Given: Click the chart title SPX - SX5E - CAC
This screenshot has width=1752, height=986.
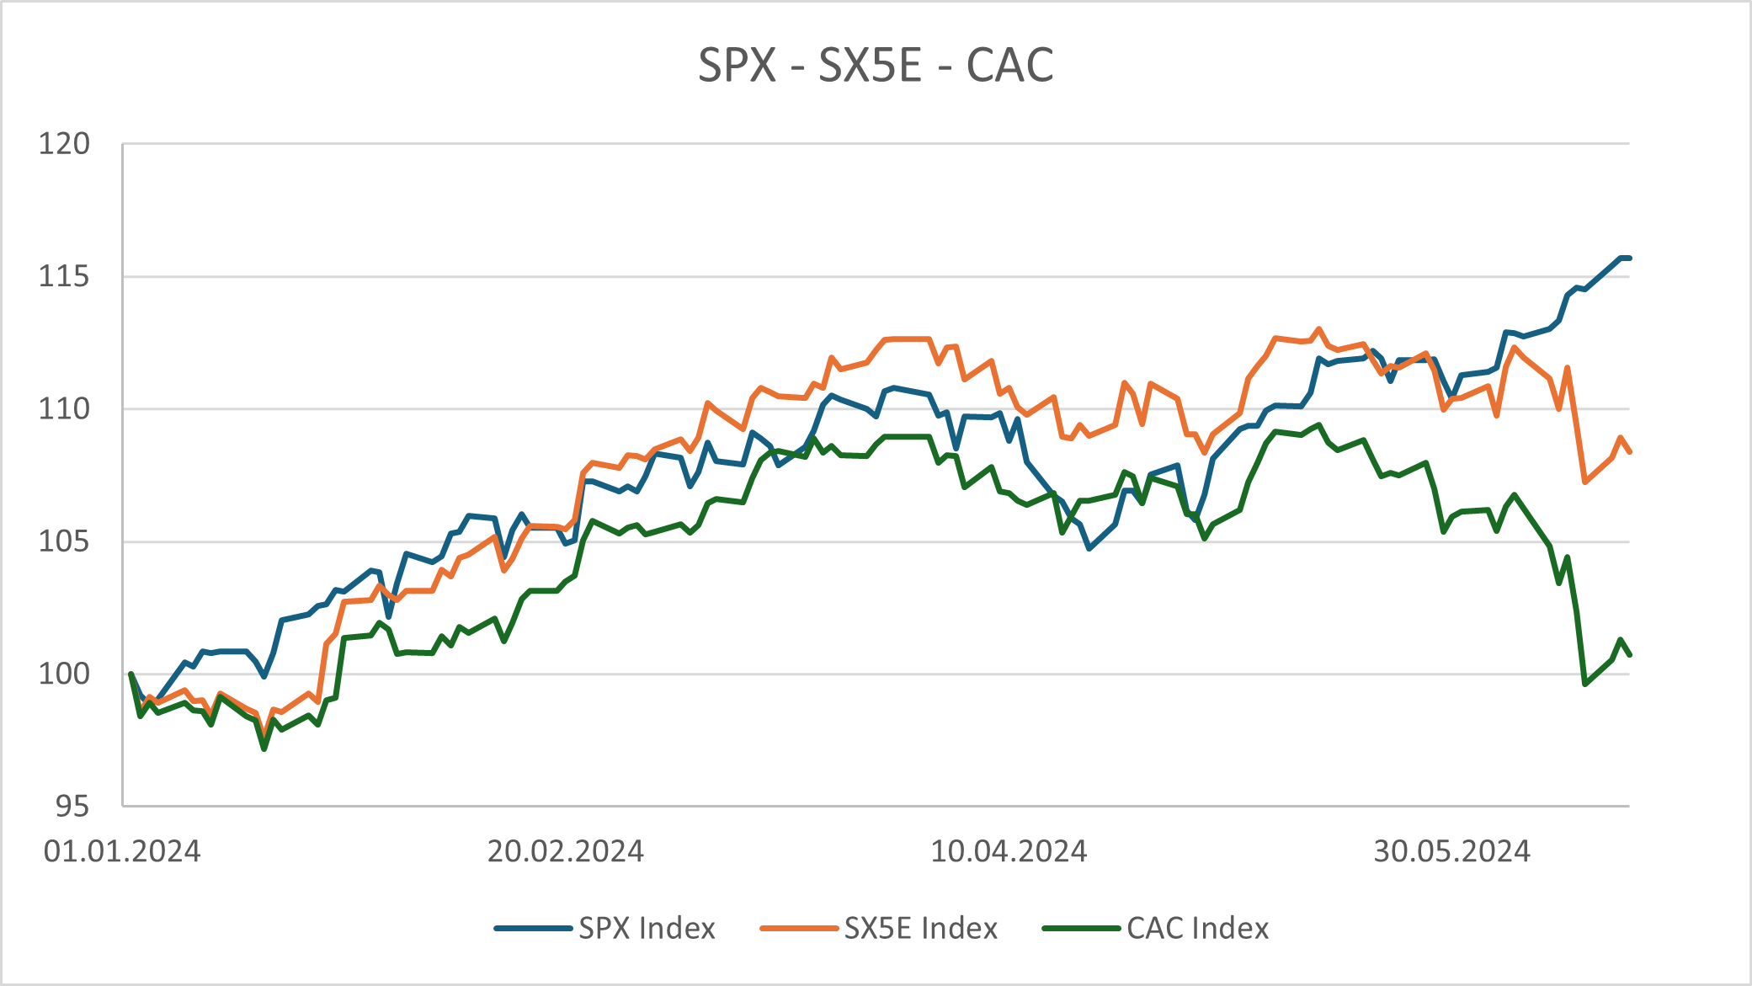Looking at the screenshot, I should (x=876, y=65).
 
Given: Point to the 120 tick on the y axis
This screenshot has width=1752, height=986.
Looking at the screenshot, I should (x=64, y=144).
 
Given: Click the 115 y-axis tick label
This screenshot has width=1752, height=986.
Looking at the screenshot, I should (x=64, y=276).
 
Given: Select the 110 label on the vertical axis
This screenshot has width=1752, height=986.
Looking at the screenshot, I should (x=64, y=409).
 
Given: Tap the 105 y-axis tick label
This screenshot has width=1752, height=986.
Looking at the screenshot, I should (x=64, y=541).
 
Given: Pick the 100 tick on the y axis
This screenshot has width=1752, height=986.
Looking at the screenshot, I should (x=64, y=674).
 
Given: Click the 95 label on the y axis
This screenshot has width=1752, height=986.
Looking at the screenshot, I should (x=72, y=807).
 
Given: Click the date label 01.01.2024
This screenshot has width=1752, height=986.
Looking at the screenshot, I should (x=122, y=851).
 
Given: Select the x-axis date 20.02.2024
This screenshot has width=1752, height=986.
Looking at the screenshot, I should (x=566, y=851).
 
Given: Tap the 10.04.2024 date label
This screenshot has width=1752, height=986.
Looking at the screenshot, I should (x=1009, y=851).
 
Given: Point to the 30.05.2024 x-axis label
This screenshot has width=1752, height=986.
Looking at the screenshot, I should (x=1451, y=851).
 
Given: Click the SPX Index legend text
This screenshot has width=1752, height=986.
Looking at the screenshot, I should (x=647, y=928).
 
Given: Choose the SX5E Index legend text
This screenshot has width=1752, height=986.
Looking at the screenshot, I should (x=921, y=928).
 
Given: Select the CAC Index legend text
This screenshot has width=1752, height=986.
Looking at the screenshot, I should (x=1197, y=928).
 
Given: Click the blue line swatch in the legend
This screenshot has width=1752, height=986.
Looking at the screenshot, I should (x=533, y=929).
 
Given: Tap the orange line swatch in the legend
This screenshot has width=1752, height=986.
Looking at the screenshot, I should (x=799, y=929).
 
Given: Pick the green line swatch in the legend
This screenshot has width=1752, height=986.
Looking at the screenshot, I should (x=1081, y=929).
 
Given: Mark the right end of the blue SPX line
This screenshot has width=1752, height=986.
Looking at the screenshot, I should (x=1629, y=258).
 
